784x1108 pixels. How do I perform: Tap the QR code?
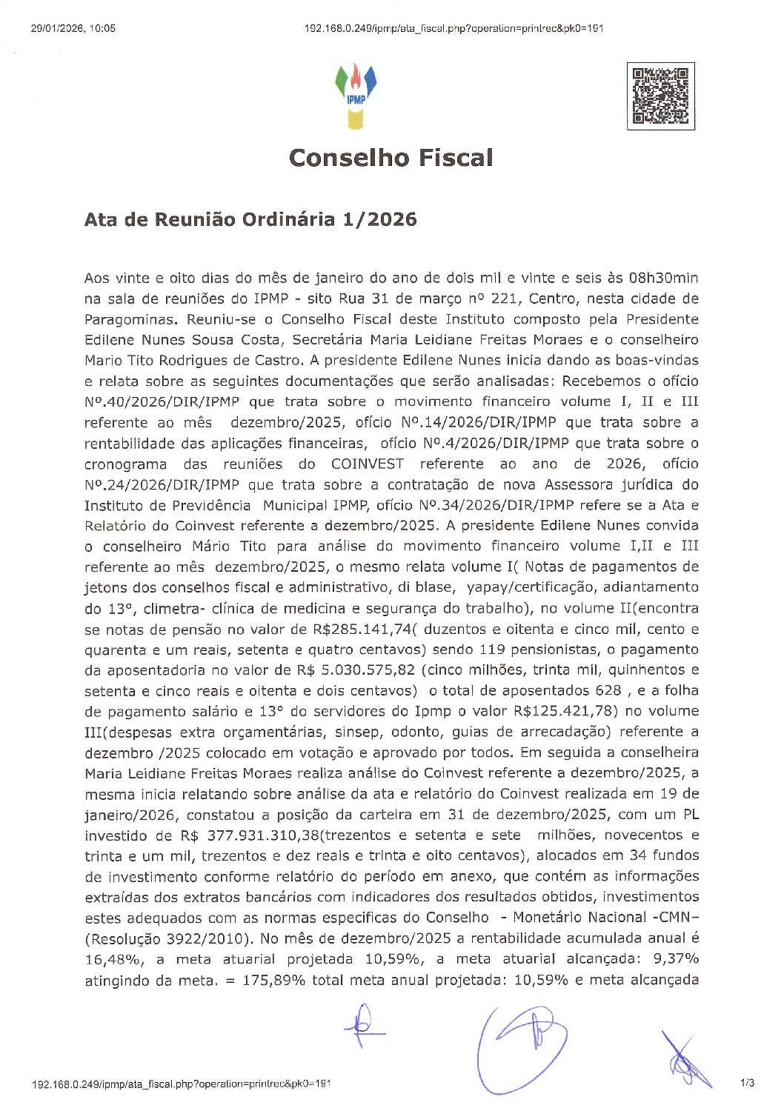point(660,96)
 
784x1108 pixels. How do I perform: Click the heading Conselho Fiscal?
point(391,158)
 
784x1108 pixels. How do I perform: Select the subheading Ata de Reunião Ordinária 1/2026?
point(250,219)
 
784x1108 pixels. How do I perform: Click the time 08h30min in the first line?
point(663,278)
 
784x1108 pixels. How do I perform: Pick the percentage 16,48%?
point(110,959)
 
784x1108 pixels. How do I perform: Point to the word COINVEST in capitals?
point(368,464)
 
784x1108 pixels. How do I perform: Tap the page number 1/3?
point(747,1084)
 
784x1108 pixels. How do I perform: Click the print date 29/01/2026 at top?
point(73,29)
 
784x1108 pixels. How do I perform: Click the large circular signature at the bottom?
point(522,1044)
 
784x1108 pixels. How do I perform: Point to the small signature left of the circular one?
point(364,1026)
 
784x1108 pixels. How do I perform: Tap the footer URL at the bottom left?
point(181,1084)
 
